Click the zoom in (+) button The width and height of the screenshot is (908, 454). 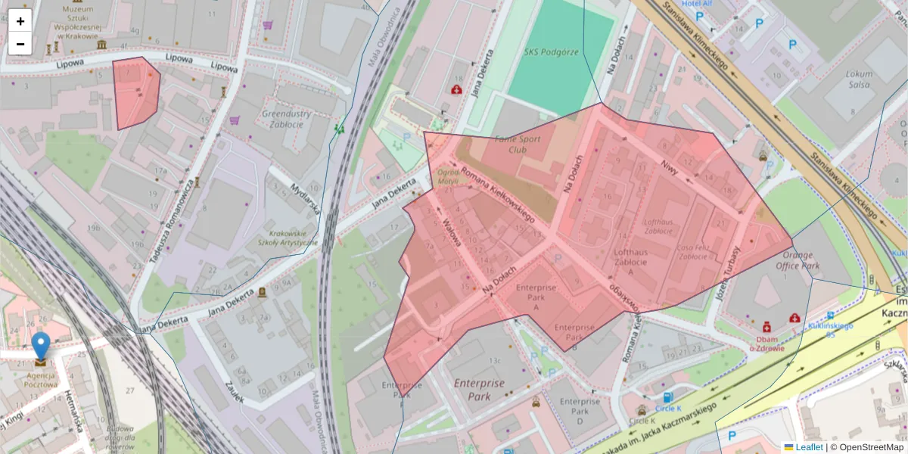coord(20,21)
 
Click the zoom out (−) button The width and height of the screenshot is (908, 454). coord(20,44)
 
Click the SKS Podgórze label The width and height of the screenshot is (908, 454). coord(551,52)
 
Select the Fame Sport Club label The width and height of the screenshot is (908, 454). coord(518,145)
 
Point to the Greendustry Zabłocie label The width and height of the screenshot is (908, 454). coord(287,120)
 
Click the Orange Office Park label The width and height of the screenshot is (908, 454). coord(798,261)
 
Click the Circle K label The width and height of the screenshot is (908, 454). coord(642,420)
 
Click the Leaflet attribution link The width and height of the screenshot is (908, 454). coord(808,447)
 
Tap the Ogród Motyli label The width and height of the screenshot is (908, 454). coord(449,176)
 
